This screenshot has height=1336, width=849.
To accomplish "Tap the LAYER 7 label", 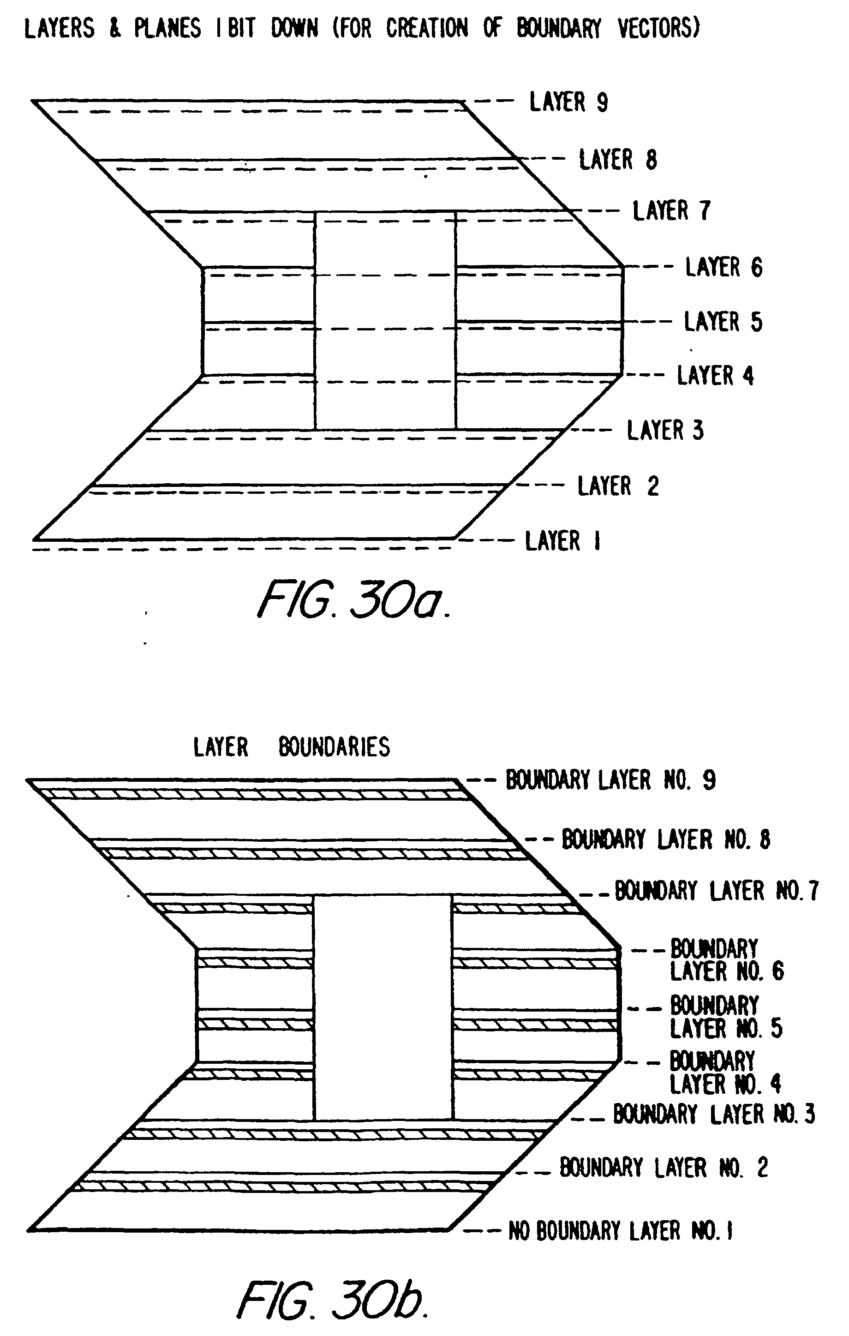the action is [x=671, y=211].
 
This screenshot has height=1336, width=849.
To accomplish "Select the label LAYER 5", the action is [x=723, y=322].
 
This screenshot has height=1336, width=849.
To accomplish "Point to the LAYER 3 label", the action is [x=665, y=431].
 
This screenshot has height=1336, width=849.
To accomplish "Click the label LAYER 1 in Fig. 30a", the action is [x=562, y=541].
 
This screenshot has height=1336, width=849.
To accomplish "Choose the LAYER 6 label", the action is [x=723, y=267].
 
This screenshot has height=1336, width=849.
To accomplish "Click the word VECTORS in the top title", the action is [x=659, y=28].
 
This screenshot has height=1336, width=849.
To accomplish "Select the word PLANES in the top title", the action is [x=167, y=28].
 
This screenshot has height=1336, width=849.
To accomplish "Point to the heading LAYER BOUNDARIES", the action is [x=291, y=747].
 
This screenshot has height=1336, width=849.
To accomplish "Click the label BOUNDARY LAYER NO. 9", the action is [x=610, y=780].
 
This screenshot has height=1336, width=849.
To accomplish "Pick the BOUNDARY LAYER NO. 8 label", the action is [x=666, y=839].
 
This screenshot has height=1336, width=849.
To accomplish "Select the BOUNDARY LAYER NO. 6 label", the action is [x=726, y=960].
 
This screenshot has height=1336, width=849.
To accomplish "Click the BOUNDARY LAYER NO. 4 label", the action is [x=725, y=1072].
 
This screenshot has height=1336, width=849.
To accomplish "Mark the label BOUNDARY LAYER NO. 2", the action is [x=663, y=1168].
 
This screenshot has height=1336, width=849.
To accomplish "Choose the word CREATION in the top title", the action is [x=427, y=28].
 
